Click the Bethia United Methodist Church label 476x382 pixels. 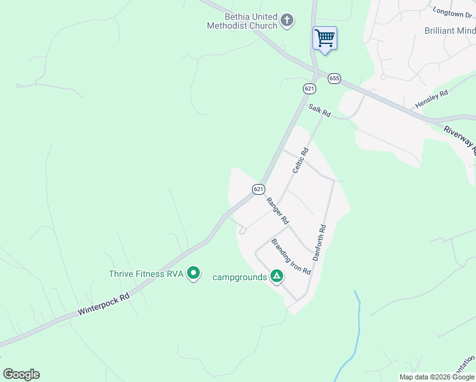point(242,21)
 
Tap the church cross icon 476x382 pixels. point(287,21)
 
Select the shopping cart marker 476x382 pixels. point(325,38)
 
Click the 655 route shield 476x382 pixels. point(334,78)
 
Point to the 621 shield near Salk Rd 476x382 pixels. point(309,88)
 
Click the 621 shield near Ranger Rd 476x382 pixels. point(258,189)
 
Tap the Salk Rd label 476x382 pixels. point(319,110)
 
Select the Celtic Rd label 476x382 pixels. point(300,160)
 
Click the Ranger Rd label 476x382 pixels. point(278,211)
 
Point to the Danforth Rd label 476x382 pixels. point(319,243)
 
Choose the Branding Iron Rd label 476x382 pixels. point(291,257)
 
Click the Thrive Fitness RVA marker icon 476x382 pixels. point(193,274)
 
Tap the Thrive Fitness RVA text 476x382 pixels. point(146,274)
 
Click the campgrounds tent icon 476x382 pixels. point(277,276)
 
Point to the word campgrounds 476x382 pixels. point(239,277)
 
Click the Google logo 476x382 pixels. point(21,374)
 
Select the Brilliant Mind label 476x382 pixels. point(450,31)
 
